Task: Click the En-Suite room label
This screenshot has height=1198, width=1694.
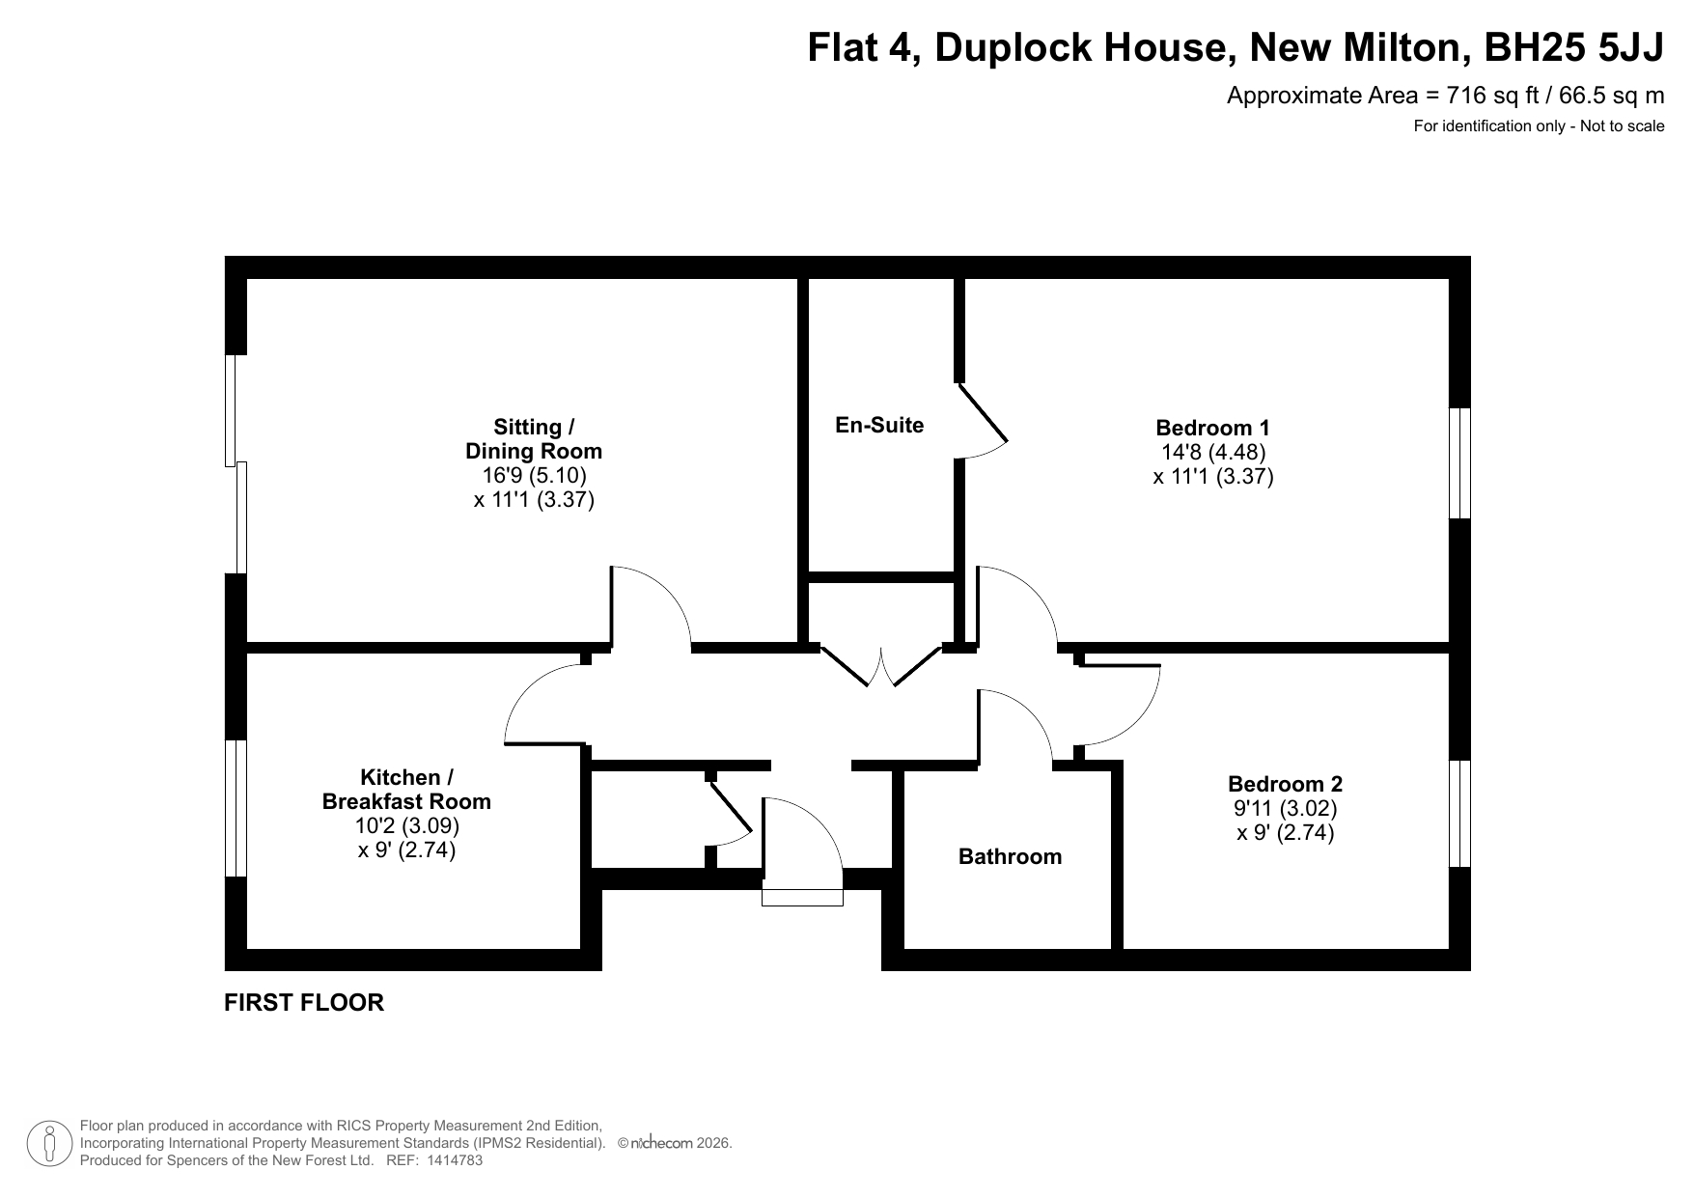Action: tap(879, 425)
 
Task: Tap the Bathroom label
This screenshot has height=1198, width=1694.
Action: tap(1010, 856)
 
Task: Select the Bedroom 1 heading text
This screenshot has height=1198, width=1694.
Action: tap(1213, 428)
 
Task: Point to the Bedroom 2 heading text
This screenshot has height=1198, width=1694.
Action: tap(1285, 784)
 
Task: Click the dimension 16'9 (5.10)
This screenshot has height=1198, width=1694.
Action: tap(534, 475)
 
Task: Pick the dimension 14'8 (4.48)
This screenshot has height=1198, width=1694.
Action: tap(1213, 452)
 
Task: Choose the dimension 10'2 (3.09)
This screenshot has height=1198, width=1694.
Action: tap(406, 825)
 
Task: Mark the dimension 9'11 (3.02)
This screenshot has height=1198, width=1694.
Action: tap(1285, 808)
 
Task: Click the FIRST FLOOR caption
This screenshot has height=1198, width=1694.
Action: tap(304, 1002)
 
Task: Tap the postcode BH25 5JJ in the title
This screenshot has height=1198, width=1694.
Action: tap(1573, 47)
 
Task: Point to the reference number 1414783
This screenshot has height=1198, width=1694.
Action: tap(453, 1161)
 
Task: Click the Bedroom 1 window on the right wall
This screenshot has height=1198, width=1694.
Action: tap(1460, 463)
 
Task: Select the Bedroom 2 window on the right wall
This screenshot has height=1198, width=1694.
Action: tap(1460, 814)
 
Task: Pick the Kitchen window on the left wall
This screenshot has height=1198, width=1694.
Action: tap(236, 808)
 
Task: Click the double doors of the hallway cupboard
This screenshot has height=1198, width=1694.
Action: tap(880, 666)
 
